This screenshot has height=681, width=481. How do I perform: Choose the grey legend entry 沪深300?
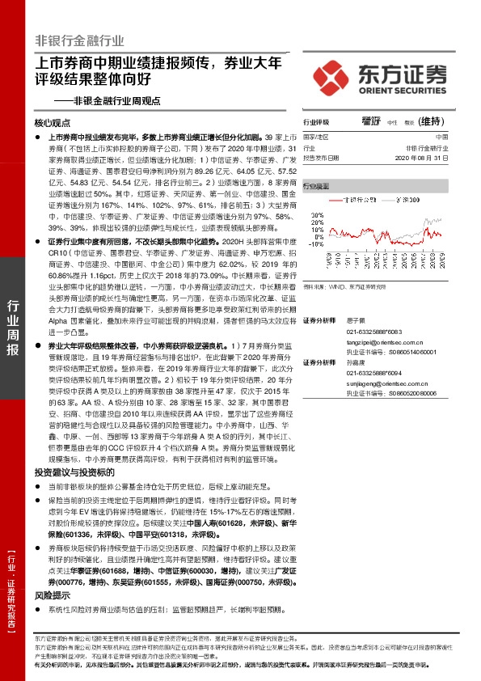point(385,198)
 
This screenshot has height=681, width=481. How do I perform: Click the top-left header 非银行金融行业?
point(79,40)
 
